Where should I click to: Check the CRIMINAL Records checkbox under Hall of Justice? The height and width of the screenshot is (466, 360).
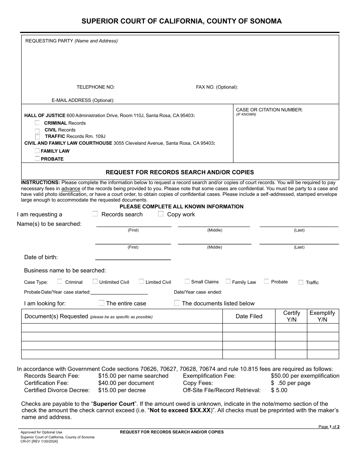click(37, 123)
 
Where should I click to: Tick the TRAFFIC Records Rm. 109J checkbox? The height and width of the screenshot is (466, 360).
click(37, 136)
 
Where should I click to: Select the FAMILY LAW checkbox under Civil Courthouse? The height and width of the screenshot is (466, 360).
click(37, 151)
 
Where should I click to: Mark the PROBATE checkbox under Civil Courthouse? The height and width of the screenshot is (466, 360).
click(37, 159)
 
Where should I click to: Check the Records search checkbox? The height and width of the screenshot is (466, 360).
click(95, 214)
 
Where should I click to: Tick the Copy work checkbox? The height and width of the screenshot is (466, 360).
click(161, 214)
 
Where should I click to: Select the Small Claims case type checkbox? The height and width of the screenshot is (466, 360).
click(187, 281)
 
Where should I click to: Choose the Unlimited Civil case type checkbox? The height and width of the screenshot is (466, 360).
click(95, 281)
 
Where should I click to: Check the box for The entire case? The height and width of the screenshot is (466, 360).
click(101, 303)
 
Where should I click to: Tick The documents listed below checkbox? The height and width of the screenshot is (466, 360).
click(177, 303)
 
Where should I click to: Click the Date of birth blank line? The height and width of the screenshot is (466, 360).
click(133, 257)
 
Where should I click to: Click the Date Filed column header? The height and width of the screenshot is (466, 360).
click(249, 316)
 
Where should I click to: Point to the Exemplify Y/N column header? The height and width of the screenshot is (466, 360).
click(322, 316)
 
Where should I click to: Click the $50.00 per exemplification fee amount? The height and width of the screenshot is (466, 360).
click(305, 376)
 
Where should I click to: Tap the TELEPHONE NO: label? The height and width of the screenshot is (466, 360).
click(95, 87)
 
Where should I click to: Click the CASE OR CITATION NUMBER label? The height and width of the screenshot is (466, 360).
click(269, 110)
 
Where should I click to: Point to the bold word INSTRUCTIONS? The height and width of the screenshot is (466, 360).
click(41, 183)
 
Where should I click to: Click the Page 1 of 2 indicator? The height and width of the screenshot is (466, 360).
click(329, 427)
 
